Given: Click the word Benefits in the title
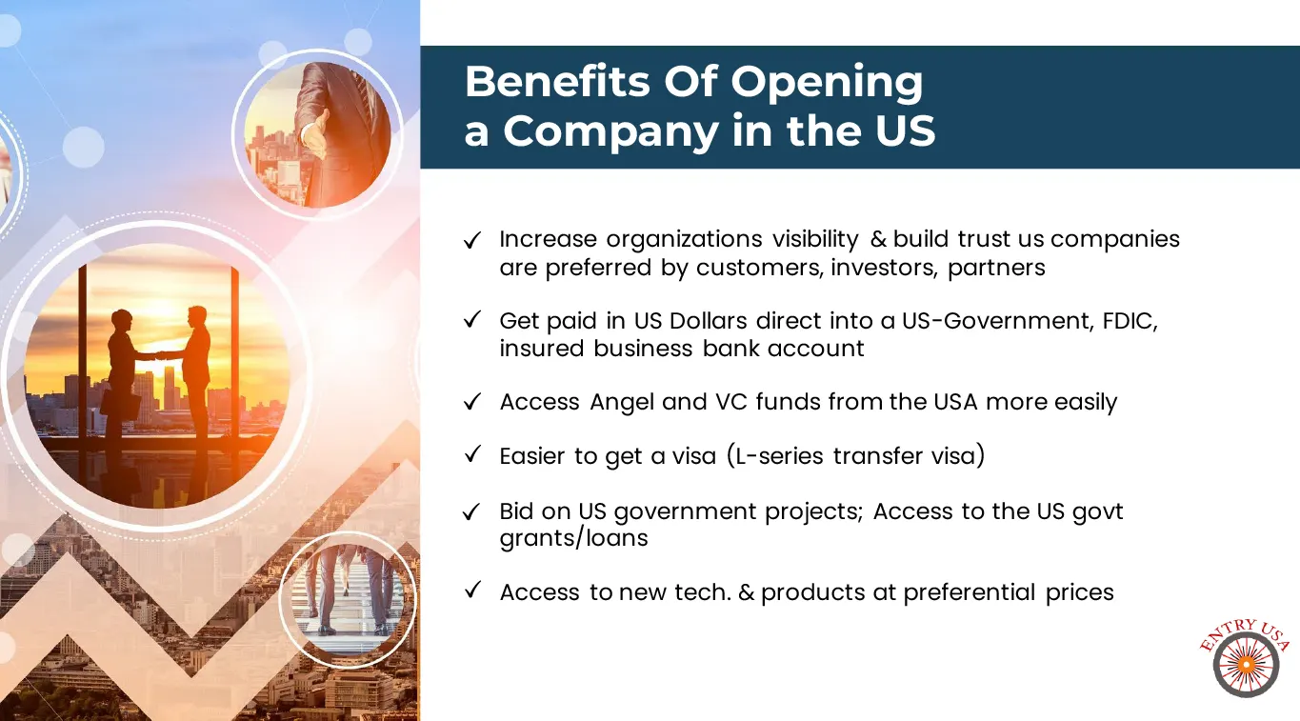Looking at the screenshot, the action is [557, 81].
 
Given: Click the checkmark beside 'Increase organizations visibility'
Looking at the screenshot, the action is [472, 240].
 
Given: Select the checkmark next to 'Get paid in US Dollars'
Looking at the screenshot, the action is [472, 319].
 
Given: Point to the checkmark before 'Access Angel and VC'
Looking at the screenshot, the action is [472, 401].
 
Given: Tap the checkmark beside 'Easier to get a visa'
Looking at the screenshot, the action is [472, 454].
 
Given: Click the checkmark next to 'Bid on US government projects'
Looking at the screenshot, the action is [471, 511].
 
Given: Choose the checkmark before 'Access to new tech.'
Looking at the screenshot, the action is [472, 590].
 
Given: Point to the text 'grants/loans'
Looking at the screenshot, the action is [573, 539].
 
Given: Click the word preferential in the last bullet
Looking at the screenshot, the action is [970, 592].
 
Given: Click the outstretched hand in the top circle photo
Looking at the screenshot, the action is [315, 134].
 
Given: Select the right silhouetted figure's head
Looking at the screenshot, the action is [198, 317].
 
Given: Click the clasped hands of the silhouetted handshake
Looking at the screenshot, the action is [160, 355].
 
